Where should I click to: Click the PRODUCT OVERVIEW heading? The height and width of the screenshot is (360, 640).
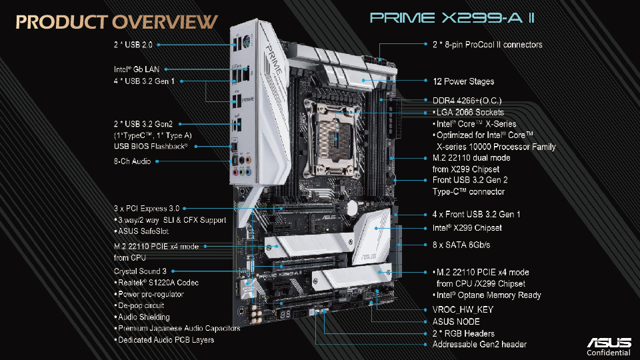[x=117, y=23]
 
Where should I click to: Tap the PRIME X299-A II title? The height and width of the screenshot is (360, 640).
[x=452, y=18]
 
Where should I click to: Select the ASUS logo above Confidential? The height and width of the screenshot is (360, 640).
[x=609, y=342]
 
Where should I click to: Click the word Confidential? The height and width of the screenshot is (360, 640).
[x=609, y=353]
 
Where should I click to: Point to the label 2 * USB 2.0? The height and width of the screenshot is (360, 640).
[x=133, y=45]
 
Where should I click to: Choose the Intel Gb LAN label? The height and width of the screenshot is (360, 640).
[x=136, y=69]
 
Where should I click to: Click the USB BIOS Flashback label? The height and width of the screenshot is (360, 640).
[x=151, y=147]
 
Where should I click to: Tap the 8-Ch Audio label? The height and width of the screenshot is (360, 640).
[x=132, y=161]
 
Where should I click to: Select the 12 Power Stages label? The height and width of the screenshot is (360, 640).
[x=463, y=81]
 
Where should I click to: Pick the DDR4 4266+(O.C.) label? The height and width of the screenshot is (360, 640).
[x=467, y=101]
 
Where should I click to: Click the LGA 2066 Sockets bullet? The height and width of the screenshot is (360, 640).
[x=468, y=112]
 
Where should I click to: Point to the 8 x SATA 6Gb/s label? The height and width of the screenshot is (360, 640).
[x=461, y=245]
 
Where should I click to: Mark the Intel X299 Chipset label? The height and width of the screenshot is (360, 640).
[x=467, y=228]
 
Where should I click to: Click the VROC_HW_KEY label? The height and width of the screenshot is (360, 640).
[x=463, y=310]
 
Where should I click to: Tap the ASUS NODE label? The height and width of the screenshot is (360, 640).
[x=456, y=321]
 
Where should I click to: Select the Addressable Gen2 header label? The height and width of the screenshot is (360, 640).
[x=479, y=345]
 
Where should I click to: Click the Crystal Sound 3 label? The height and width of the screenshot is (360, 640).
[x=140, y=271]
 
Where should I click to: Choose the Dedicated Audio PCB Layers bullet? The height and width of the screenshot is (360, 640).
[x=164, y=339]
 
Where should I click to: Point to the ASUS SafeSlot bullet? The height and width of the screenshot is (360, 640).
[x=141, y=231]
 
